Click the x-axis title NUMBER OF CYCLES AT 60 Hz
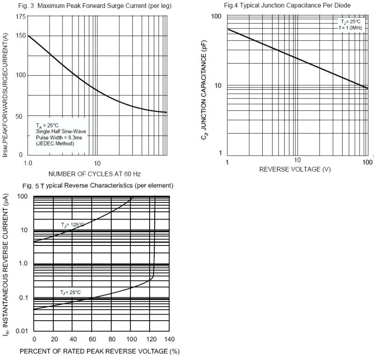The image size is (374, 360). click(x=94, y=174)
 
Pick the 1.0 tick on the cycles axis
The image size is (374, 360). click(x=28, y=163)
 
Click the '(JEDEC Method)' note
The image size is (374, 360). click(x=55, y=143)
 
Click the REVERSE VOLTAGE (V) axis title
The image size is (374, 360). click(x=295, y=169)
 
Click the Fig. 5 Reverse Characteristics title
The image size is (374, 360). click(x=98, y=186)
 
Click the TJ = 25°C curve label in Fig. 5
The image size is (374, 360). click(x=70, y=293)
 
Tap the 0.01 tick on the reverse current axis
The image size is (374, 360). click(x=22, y=331)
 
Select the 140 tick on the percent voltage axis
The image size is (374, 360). click(x=169, y=339)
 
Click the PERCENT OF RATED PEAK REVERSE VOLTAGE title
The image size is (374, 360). click(x=99, y=351)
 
